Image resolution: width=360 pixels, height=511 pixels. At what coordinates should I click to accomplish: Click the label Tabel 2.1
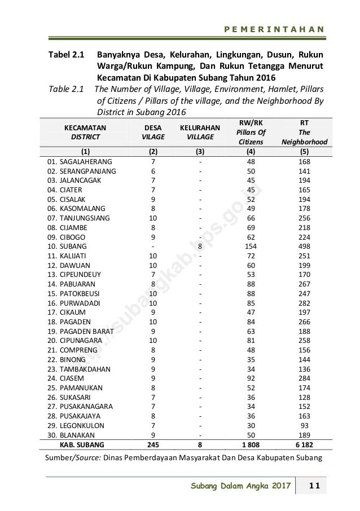pos(65,56)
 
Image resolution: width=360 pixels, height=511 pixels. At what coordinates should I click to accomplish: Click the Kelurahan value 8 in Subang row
pos(200,247)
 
